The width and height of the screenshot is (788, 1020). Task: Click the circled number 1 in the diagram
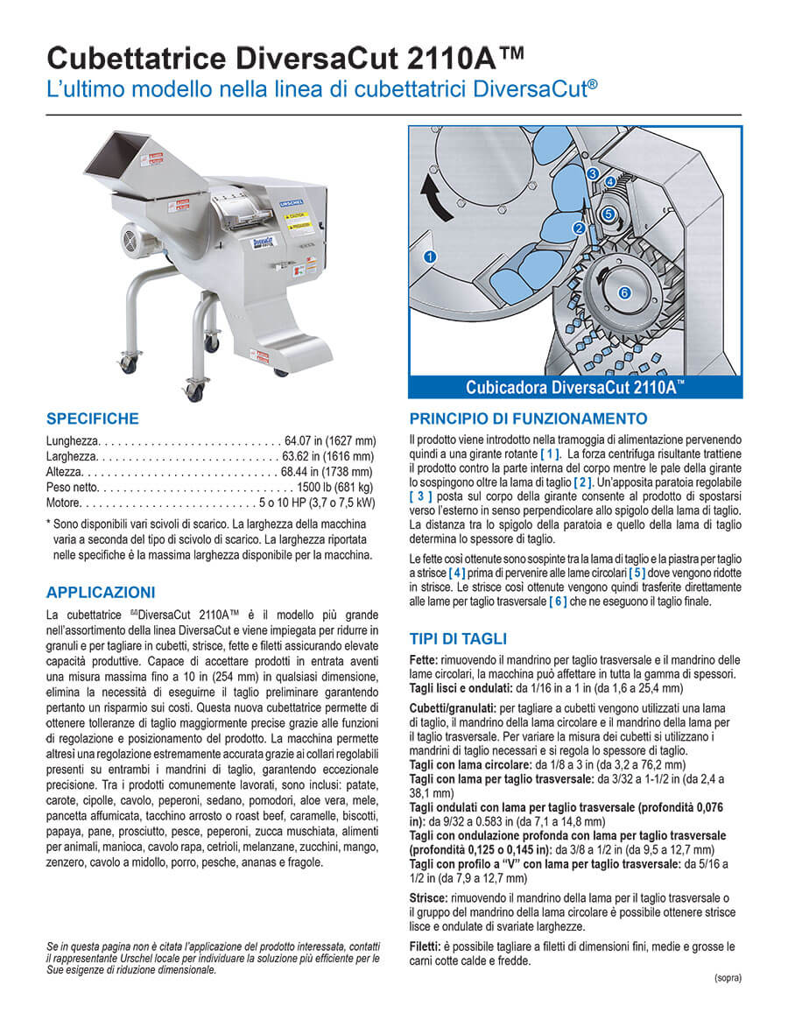click(x=429, y=257)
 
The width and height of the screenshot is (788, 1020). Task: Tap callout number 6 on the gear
click(x=624, y=293)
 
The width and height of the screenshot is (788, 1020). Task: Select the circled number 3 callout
click(x=593, y=174)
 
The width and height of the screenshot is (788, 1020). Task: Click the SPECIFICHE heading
click(x=92, y=419)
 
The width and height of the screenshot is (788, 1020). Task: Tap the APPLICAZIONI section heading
click(x=101, y=593)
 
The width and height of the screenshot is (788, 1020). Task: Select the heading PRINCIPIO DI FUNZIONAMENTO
click(x=528, y=419)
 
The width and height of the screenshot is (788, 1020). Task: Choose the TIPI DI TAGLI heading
click(x=458, y=638)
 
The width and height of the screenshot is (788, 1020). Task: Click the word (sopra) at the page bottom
click(x=727, y=977)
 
